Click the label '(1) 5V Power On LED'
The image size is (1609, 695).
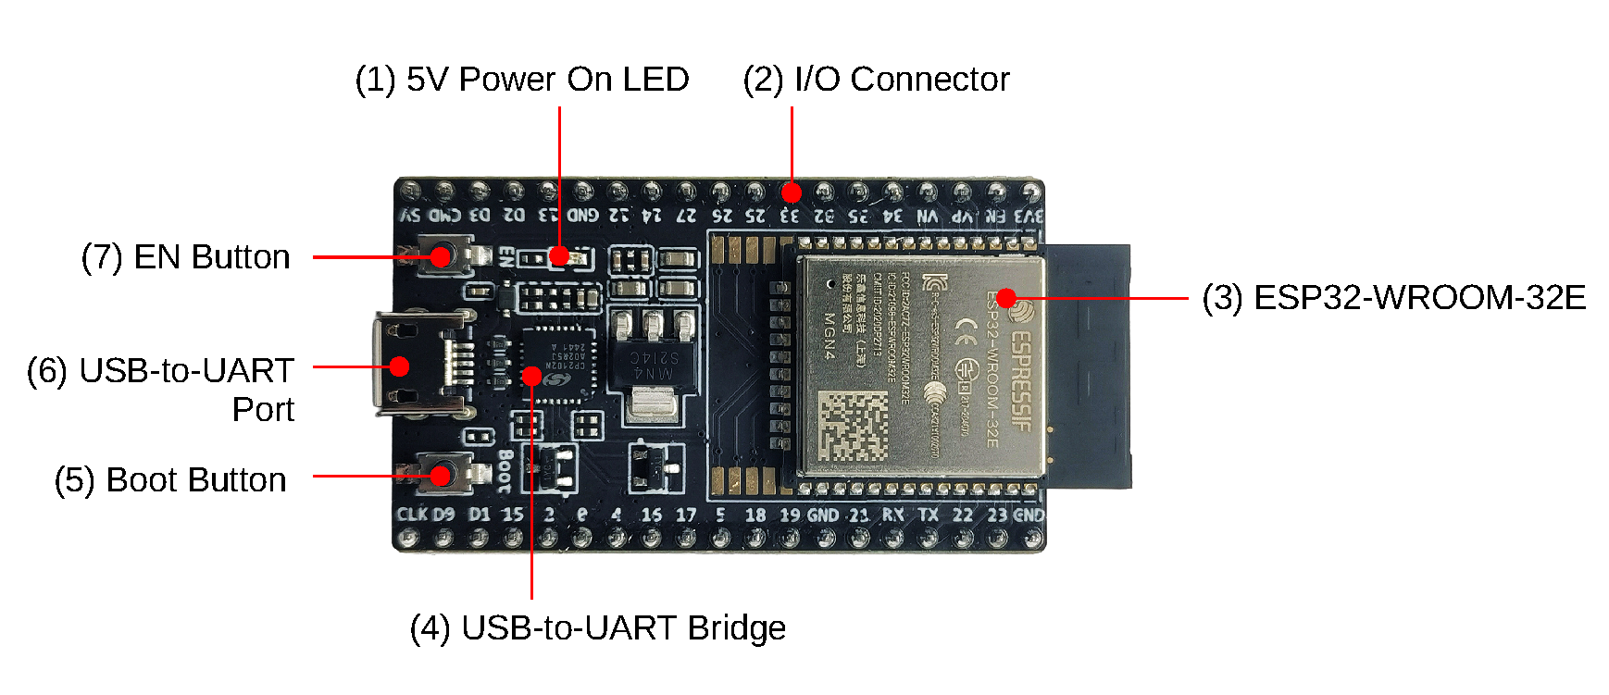[x=521, y=80]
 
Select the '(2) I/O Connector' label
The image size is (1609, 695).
[x=876, y=80]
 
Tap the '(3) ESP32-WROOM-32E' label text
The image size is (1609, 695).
[x=1393, y=298]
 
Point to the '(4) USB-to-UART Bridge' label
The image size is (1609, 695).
[x=597, y=628]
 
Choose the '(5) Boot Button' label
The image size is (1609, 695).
[x=170, y=480]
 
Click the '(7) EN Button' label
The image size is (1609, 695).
[x=185, y=257]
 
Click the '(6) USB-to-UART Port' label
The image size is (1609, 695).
[x=160, y=390]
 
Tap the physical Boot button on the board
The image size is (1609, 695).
[x=442, y=475]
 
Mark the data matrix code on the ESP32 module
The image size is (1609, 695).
[x=853, y=426]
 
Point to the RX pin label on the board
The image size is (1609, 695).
[x=892, y=515]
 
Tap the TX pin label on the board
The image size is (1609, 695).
[x=928, y=515]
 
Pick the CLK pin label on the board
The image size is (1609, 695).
[x=411, y=515]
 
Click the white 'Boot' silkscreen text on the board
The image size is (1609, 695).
[x=505, y=470]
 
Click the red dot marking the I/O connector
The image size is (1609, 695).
[x=791, y=192]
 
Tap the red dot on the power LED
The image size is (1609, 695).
[x=559, y=256]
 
